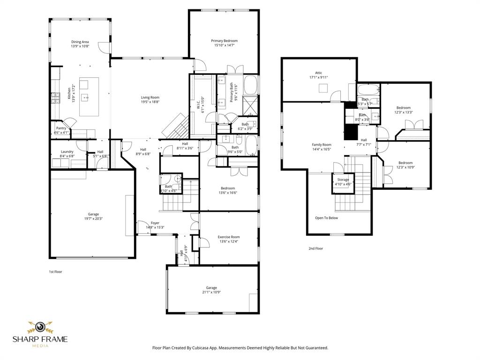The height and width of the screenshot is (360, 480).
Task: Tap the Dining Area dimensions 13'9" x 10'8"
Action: coord(80,46)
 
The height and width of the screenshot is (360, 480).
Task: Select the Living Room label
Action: coord(150,97)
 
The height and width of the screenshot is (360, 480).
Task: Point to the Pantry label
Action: coord(61,128)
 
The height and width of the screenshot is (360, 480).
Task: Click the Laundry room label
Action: coord(67,151)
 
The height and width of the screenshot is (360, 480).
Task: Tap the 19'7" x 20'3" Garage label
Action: coord(93,214)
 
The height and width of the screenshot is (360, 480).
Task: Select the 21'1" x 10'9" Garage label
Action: coord(211,288)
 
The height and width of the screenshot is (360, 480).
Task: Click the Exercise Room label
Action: coord(228,237)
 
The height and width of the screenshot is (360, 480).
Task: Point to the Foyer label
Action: coord(155,223)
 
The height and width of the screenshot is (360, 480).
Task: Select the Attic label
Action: coord(318,73)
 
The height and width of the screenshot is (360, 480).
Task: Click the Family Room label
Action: coord(322,145)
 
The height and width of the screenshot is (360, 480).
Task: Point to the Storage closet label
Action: coord(343,180)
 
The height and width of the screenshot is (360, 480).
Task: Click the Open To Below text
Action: coord(326,217)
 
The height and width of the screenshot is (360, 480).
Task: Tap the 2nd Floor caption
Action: coord(315,248)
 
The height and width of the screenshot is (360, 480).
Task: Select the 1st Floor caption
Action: coord(55,271)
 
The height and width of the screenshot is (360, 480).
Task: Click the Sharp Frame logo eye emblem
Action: coord(40,327)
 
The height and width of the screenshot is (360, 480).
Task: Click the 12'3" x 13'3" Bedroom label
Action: coord(404,107)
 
